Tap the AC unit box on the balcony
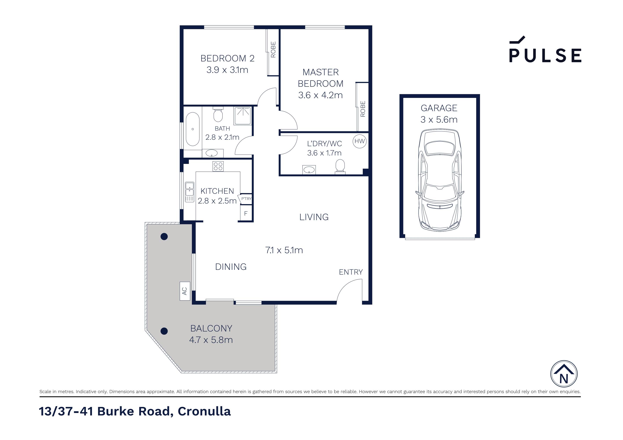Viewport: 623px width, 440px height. coord(185,291)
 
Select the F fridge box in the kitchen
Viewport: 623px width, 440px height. coord(246,213)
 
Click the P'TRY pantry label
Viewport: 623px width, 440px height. coord(246,198)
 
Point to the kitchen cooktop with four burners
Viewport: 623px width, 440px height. coord(218,166)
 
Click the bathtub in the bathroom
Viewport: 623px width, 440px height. coord(193,129)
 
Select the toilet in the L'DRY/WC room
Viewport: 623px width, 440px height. coord(340,166)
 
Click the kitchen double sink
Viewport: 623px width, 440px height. coord(189,192)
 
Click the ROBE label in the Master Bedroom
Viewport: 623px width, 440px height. coord(363,109)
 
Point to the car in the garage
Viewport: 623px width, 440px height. coord(439,180)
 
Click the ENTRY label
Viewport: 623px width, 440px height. coord(351,272)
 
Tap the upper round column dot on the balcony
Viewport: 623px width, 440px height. coord(164,237)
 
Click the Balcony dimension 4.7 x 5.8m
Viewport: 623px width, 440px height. coord(211,340)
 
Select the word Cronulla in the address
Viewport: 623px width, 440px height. coord(204,411)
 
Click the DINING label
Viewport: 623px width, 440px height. coord(231,267)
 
